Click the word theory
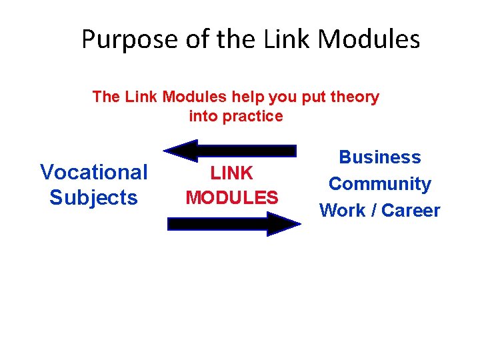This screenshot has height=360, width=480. (353, 97)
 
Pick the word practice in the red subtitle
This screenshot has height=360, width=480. (256, 117)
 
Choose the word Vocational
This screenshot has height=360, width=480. (94, 172)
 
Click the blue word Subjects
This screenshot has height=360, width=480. (94, 198)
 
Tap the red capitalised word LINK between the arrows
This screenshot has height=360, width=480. (232, 173)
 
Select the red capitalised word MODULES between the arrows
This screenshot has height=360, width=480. (232, 198)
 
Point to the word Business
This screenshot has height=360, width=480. (380, 157)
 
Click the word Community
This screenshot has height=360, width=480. (380, 184)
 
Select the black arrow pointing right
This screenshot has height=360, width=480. (233, 224)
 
